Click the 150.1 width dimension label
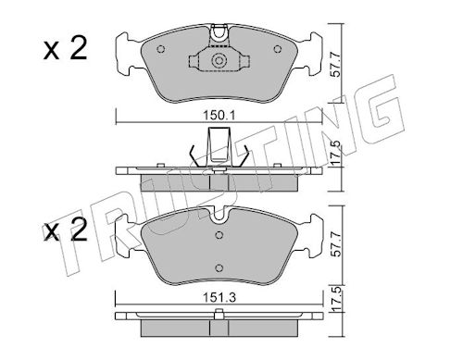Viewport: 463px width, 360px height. (219, 116)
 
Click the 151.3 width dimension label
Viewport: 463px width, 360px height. (219, 298)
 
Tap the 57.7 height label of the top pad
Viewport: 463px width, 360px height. (336, 65)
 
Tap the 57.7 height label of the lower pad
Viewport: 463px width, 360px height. (336, 244)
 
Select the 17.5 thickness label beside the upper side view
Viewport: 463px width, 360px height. (336, 153)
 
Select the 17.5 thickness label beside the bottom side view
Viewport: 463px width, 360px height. (336, 298)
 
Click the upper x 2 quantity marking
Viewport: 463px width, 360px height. (66, 49)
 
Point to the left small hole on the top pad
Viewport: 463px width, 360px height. (161, 49)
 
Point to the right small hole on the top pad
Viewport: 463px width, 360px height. (278, 49)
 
